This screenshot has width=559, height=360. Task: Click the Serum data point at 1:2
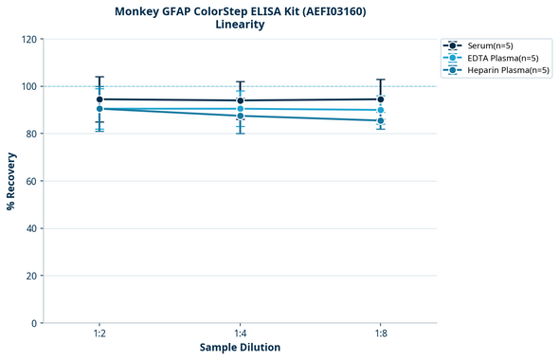(99, 99)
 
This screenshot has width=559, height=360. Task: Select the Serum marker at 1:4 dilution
(241, 100)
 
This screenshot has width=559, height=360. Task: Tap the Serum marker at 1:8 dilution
(381, 99)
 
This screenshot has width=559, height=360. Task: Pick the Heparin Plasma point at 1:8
(381, 120)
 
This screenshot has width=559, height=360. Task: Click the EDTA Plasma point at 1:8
(381, 110)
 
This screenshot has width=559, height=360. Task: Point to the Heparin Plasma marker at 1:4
(241, 116)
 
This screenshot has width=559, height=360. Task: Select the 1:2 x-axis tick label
(99, 333)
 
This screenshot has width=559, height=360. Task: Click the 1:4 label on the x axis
(241, 333)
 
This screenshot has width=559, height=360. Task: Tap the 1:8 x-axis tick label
(381, 333)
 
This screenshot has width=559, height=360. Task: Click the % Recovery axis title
(11, 181)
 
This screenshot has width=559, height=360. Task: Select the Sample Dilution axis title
(240, 348)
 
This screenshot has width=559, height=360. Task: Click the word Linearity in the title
(240, 25)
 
